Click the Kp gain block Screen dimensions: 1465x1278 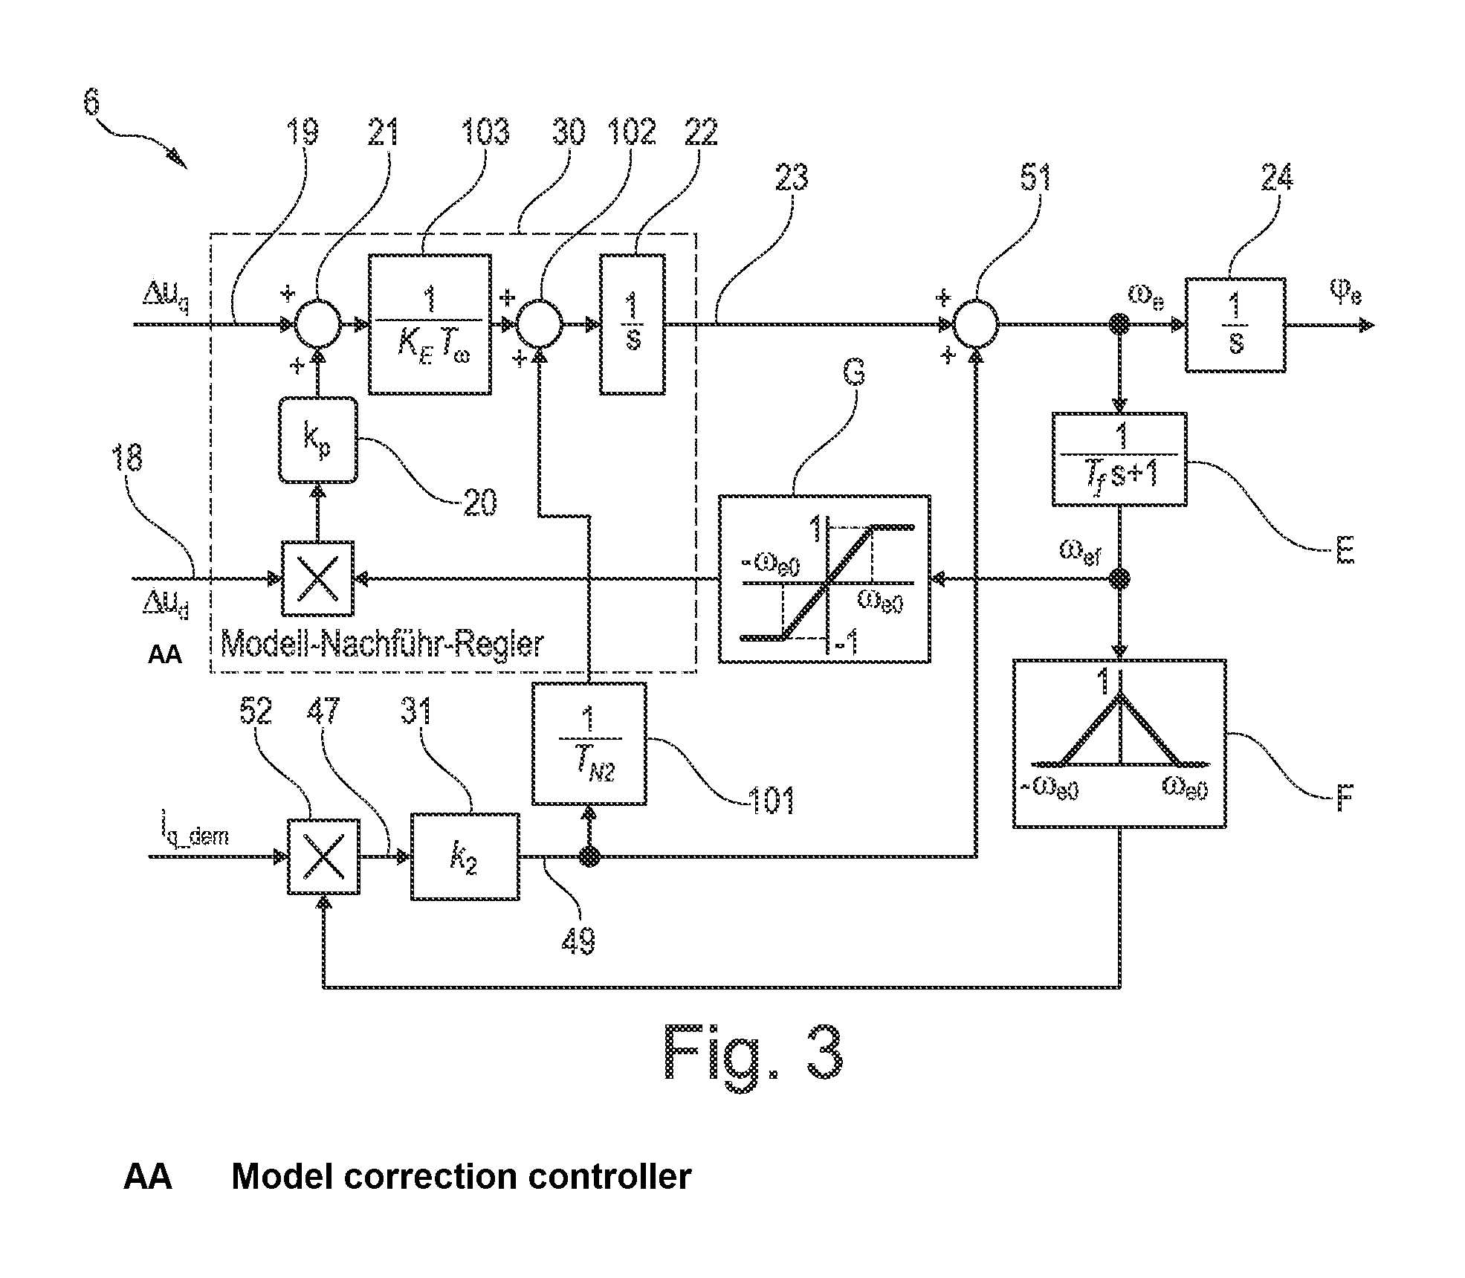(318, 441)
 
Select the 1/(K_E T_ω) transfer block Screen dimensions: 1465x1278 (430, 324)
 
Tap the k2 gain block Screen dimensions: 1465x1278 (465, 856)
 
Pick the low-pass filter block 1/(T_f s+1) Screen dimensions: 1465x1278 (1119, 459)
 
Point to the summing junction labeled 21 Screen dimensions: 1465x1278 (318, 324)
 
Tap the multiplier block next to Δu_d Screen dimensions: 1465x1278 (318, 578)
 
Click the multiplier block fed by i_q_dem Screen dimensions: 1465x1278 (323, 856)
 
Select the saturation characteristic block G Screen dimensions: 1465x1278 (824, 578)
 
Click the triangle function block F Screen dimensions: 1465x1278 (1119, 743)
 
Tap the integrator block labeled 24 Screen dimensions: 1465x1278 (1235, 325)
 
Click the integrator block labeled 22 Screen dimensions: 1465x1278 (633, 324)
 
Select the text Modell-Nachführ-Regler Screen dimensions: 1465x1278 (382, 644)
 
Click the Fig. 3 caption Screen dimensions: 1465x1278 (753, 1053)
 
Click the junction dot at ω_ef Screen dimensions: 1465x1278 (1119, 578)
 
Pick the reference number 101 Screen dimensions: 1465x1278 (771, 801)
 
